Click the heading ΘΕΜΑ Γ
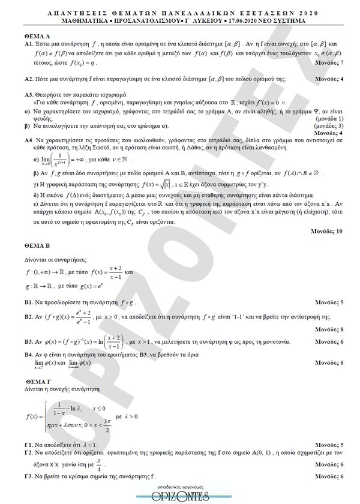pyautogui.click(x=29, y=382)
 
